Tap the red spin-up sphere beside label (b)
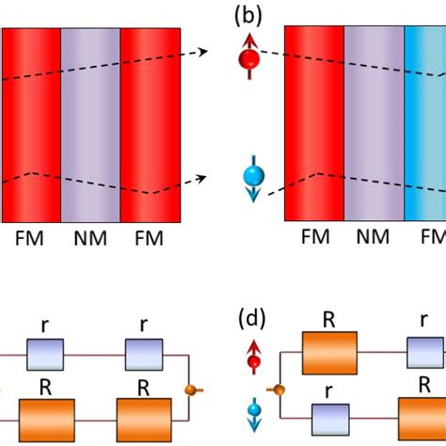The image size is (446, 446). point(249,59)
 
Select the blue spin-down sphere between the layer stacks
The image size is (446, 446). point(250,179)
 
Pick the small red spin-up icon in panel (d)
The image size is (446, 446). point(253,358)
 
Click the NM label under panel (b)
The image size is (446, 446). point(374,237)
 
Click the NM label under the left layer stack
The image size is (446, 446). point(89,237)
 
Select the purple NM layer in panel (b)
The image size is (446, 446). point(374,122)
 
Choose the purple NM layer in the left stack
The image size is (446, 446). point(89,122)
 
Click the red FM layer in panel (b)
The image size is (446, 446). point(313,122)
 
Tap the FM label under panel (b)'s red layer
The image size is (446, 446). point(313,237)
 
